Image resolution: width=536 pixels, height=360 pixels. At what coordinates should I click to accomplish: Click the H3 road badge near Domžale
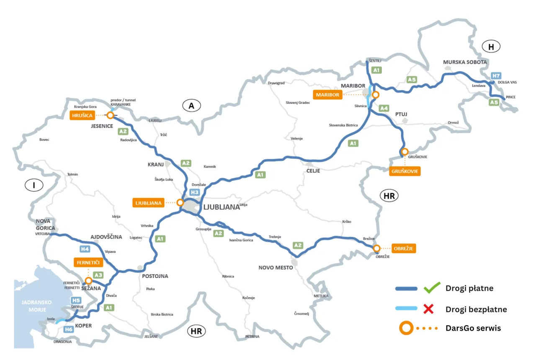tap(195, 192)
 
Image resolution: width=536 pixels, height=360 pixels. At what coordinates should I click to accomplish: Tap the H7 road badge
tap(496, 76)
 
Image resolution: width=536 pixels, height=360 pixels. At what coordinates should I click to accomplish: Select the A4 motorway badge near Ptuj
tap(384, 108)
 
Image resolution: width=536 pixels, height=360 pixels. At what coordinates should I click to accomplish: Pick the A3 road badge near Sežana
tap(98, 275)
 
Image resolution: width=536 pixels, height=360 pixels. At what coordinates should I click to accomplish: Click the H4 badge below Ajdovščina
tap(85, 249)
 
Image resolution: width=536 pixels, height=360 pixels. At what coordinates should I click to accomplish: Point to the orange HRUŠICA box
tap(82, 115)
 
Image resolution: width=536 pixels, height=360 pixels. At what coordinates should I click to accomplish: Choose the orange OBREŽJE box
tap(404, 248)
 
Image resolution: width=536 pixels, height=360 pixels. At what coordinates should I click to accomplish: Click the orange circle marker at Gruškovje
tap(404, 152)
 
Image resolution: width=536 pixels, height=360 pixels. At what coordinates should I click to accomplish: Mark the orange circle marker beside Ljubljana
tap(180, 202)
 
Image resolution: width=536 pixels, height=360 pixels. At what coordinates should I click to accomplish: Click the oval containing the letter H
tap(492, 47)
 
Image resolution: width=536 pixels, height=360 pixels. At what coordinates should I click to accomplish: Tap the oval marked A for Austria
tap(192, 106)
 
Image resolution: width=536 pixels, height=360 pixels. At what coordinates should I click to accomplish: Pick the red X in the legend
tap(428, 309)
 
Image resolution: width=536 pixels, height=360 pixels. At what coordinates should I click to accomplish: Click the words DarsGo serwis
tap(473, 328)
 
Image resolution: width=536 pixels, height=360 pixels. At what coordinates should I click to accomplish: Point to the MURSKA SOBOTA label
tap(465, 62)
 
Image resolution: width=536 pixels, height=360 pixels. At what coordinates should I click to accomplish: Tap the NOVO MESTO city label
tap(276, 267)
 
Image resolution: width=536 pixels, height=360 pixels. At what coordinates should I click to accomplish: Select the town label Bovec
tap(44, 140)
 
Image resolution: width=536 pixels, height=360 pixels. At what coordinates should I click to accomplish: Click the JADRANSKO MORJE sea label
tap(36, 305)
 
